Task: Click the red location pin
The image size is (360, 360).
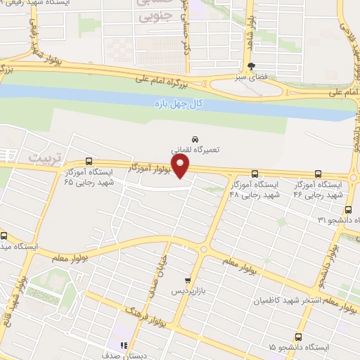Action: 181,167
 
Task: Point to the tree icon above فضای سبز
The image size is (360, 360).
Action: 251,65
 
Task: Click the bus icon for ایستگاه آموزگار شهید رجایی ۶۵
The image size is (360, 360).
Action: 89,161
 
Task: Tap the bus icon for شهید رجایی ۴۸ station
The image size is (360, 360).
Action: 255,173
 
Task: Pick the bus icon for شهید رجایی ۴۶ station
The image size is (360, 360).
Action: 318,173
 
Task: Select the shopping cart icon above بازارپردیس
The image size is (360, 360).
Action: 186,279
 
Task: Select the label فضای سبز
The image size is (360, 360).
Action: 251,77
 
